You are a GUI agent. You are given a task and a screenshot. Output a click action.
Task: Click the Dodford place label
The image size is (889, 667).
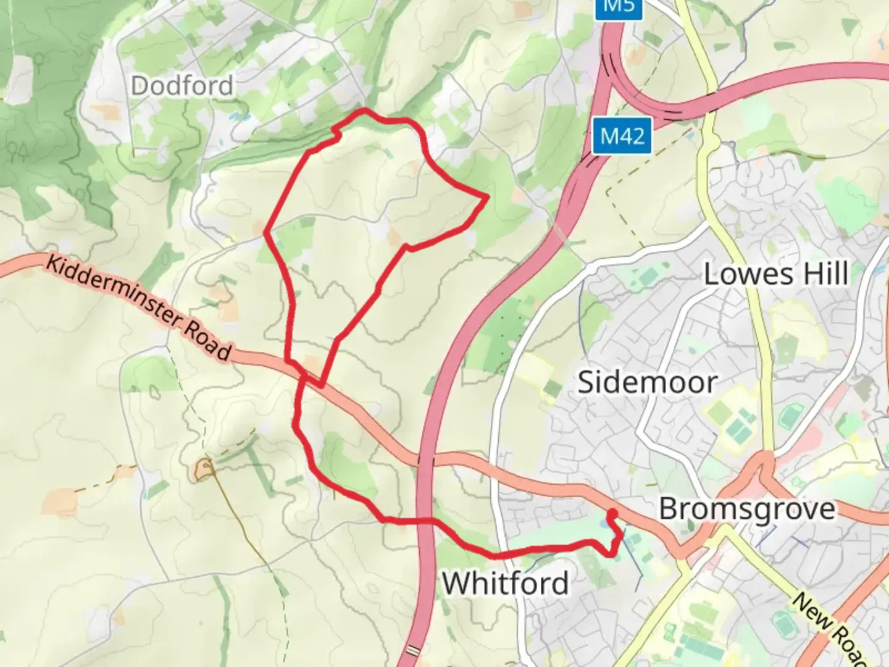click(182, 85)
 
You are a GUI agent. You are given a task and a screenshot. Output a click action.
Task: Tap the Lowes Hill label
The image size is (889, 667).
click(776, 274)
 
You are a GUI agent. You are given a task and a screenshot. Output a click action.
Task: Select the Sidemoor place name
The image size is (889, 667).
click(646, 382)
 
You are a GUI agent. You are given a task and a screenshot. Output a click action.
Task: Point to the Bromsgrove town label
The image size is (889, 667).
click(747, 510)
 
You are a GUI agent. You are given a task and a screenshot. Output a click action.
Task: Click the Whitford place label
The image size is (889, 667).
click(506, 583)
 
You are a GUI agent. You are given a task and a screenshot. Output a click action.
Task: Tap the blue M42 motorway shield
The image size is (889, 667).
click(623, 136)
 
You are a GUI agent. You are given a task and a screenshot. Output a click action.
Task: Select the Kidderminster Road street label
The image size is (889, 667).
click(140, 308)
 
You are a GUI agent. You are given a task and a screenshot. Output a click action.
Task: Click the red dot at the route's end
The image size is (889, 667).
click(612, 513)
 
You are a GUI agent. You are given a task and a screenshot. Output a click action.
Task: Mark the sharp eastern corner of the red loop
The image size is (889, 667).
click(487, 197)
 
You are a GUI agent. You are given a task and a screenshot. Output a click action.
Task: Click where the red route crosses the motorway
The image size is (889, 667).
click(425, 522)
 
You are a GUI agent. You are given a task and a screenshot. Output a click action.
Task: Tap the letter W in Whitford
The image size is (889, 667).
click(457, 583)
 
